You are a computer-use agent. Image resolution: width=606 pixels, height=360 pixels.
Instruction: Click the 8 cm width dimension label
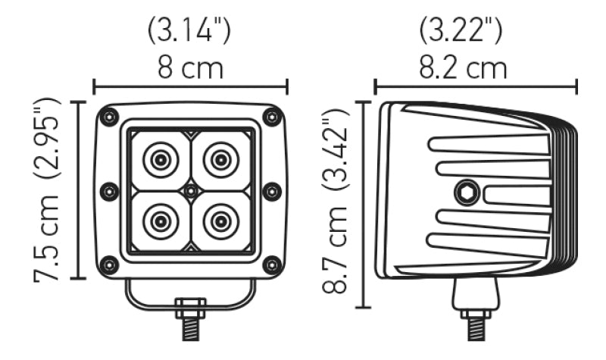pos(190,67)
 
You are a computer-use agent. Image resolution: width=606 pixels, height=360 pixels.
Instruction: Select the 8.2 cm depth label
pos(464,67)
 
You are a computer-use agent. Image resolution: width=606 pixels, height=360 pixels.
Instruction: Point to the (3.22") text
pos(461,30)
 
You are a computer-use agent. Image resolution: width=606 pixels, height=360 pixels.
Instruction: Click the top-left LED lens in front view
pos(161,160)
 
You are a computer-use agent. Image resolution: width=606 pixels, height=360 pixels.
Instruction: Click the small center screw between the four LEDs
pos(190,191)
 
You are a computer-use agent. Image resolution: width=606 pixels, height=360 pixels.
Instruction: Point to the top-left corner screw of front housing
pos(110,117)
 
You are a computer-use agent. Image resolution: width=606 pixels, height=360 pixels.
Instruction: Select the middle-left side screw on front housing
pos(108,191)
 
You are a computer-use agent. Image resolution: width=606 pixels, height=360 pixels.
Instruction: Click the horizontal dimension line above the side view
pos(476,86)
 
